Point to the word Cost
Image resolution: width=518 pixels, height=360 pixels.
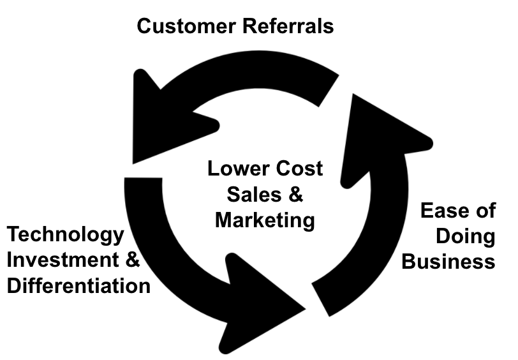tap(299, 170)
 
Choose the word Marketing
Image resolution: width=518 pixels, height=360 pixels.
tap(265, 220)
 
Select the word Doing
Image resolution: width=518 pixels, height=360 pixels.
tap(465, 236)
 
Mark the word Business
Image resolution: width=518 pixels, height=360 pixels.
tap(448, 261)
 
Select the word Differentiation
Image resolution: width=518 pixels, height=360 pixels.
tap(78, 285)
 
